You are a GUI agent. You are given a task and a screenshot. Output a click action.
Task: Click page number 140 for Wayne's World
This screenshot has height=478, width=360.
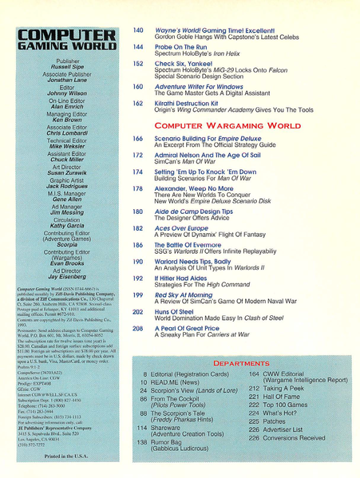[x=138, y=30]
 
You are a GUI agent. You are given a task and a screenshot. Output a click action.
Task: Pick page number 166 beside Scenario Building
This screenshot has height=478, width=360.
[x=138, y=138]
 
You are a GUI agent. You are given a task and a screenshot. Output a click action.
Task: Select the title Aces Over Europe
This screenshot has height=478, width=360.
[x=184, y=227]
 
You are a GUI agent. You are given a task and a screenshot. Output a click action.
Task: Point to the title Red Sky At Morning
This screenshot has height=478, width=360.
[x=188, y=294]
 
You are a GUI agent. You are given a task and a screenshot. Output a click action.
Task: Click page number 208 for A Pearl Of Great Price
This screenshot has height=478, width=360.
[x=138, y=329]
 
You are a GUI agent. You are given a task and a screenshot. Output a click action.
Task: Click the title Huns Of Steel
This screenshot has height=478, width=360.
[x=179, y=311]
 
